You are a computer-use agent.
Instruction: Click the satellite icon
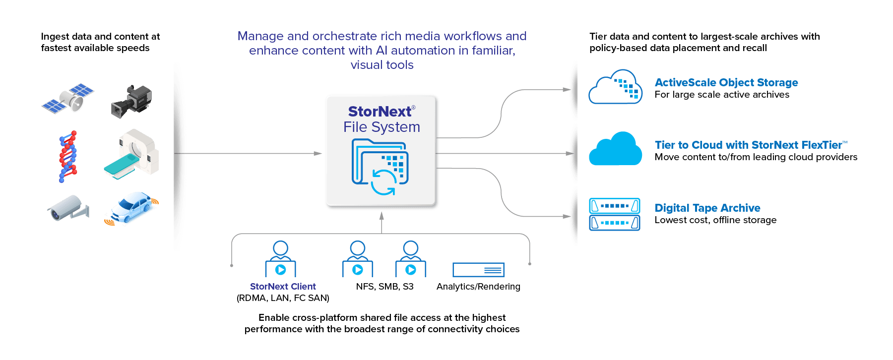(x=68, y=98)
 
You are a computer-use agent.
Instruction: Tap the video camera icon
(x=131, y=101)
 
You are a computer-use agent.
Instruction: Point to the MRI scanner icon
(x=132, y=154)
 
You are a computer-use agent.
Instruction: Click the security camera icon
(x=68, y=208)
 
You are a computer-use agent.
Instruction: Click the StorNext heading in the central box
(x=380, y=112)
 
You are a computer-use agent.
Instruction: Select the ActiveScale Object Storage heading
(x=726, y=82)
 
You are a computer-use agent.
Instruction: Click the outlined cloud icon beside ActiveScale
(x=615, y=87)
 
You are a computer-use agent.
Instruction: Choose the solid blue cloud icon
(x=615, y=149)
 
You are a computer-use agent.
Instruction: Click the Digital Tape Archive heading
(x=707, y=208)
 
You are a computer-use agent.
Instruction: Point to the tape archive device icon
(x=615, y=214)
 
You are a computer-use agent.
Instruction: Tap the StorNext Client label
(x=283, y=287)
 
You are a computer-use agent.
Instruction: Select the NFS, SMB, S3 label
(x=384, y=287)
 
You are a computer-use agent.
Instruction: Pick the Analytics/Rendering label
(x=478, y=287)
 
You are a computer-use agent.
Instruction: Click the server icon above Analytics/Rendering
(x=478, y=270)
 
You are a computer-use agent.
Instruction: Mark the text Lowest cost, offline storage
(x=715, y=220)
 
